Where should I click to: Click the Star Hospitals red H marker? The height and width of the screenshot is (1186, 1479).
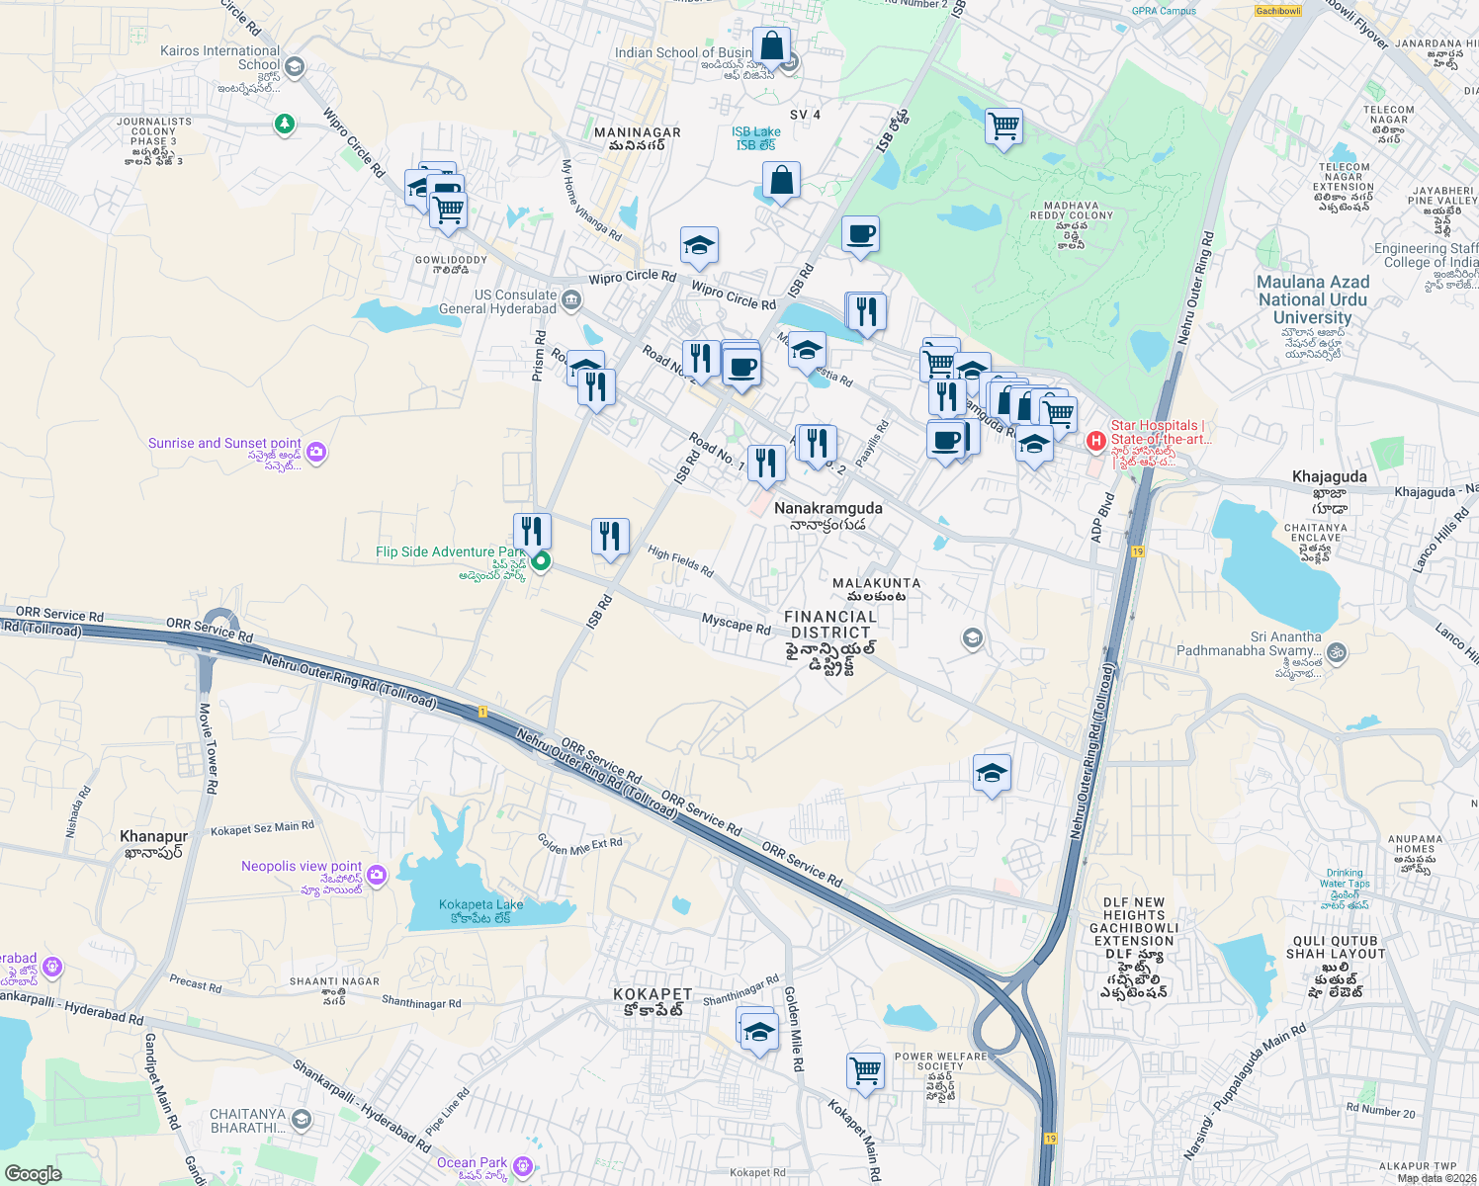click(1095, 440)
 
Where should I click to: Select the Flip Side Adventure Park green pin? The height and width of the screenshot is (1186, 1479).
click(541, 561)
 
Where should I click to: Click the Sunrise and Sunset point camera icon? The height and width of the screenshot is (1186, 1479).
click(316, 453)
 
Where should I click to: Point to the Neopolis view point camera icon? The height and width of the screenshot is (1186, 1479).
click(377, 875)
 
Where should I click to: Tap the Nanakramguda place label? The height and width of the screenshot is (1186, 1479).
click(827, 508)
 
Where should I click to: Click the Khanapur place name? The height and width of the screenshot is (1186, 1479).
click(153, 837)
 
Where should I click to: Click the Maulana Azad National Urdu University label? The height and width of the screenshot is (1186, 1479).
click(1312, 299)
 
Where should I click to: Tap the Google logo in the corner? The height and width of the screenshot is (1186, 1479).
click(33, 1173)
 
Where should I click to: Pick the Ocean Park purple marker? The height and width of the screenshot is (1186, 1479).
click(523, 1167)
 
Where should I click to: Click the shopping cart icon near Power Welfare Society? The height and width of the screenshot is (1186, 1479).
click(865, 1070)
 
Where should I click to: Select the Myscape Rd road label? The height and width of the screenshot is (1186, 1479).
click(736, 624)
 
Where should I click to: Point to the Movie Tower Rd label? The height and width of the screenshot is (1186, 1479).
click(209, 748)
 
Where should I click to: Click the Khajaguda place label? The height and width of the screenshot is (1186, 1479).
click(1329, 476)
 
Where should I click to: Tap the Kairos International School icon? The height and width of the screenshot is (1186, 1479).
click(294, 67)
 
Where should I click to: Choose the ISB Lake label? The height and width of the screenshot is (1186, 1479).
click(756, 132)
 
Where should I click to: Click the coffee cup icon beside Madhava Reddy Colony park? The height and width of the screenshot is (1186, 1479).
click(860, 235)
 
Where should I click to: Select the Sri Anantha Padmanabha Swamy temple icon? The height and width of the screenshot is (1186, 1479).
click(1337, 651)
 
